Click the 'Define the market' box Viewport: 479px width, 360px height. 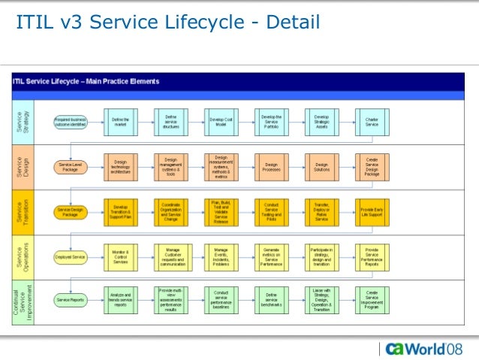point(121,121)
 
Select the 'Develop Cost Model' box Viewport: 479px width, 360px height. point(221,121)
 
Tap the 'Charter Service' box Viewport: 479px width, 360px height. point(371,121)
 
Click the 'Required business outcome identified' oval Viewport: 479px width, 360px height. point(71,122)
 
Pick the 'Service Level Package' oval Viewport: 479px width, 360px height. point(71,167)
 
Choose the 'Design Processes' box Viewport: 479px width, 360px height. point(271,166)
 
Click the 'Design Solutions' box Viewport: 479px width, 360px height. point(321,166)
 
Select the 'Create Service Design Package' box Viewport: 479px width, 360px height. point(371,166)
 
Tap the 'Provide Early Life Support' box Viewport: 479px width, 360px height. point(371,211)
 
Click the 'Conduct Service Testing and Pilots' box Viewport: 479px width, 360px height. point(271,211)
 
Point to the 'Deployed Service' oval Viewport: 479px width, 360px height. point(71,256)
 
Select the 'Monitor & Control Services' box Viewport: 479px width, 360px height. point(121,256)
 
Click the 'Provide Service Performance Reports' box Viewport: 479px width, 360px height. point(371,256)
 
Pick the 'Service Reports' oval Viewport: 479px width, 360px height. point(71,301)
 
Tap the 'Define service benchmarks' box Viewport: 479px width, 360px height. point(271,301)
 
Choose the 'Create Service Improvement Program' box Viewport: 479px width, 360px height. point(371,301)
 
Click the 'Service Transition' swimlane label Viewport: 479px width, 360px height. point(23,211)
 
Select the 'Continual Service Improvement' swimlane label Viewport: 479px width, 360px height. point(23,301)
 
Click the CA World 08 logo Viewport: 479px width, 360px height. point(424,349)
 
